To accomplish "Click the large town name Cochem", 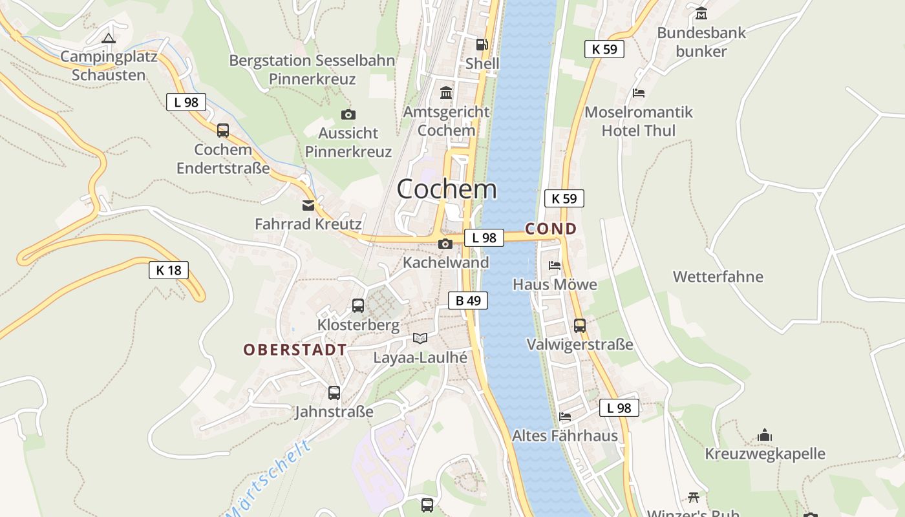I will coord(447,189).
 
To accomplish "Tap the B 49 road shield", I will coord(468,301).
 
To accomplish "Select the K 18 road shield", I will coord(169,270).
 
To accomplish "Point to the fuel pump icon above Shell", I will coord(482,45).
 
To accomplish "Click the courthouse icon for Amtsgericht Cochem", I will coord(446,93).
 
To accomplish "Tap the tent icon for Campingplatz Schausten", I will coord(108,38).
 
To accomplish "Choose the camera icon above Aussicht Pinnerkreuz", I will coord(348,115).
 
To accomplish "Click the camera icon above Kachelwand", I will coord(445,244).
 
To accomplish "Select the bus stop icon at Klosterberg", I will coord(358,306).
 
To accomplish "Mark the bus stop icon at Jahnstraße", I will coord(334,392).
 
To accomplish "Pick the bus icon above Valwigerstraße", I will coord(580,325).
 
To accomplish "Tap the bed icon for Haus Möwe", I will coord(555,265).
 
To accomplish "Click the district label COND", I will coord(551,229).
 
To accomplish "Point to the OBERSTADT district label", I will coord(295,350).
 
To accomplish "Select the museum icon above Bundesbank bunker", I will coord(701,14).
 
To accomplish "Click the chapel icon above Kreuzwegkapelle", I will coord(765,435).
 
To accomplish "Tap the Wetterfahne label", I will coord(718,277).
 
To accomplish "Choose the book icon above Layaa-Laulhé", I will coord(420,338).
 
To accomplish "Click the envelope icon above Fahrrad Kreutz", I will coord(308,206).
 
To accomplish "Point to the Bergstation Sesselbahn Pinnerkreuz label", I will coord(312,70).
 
